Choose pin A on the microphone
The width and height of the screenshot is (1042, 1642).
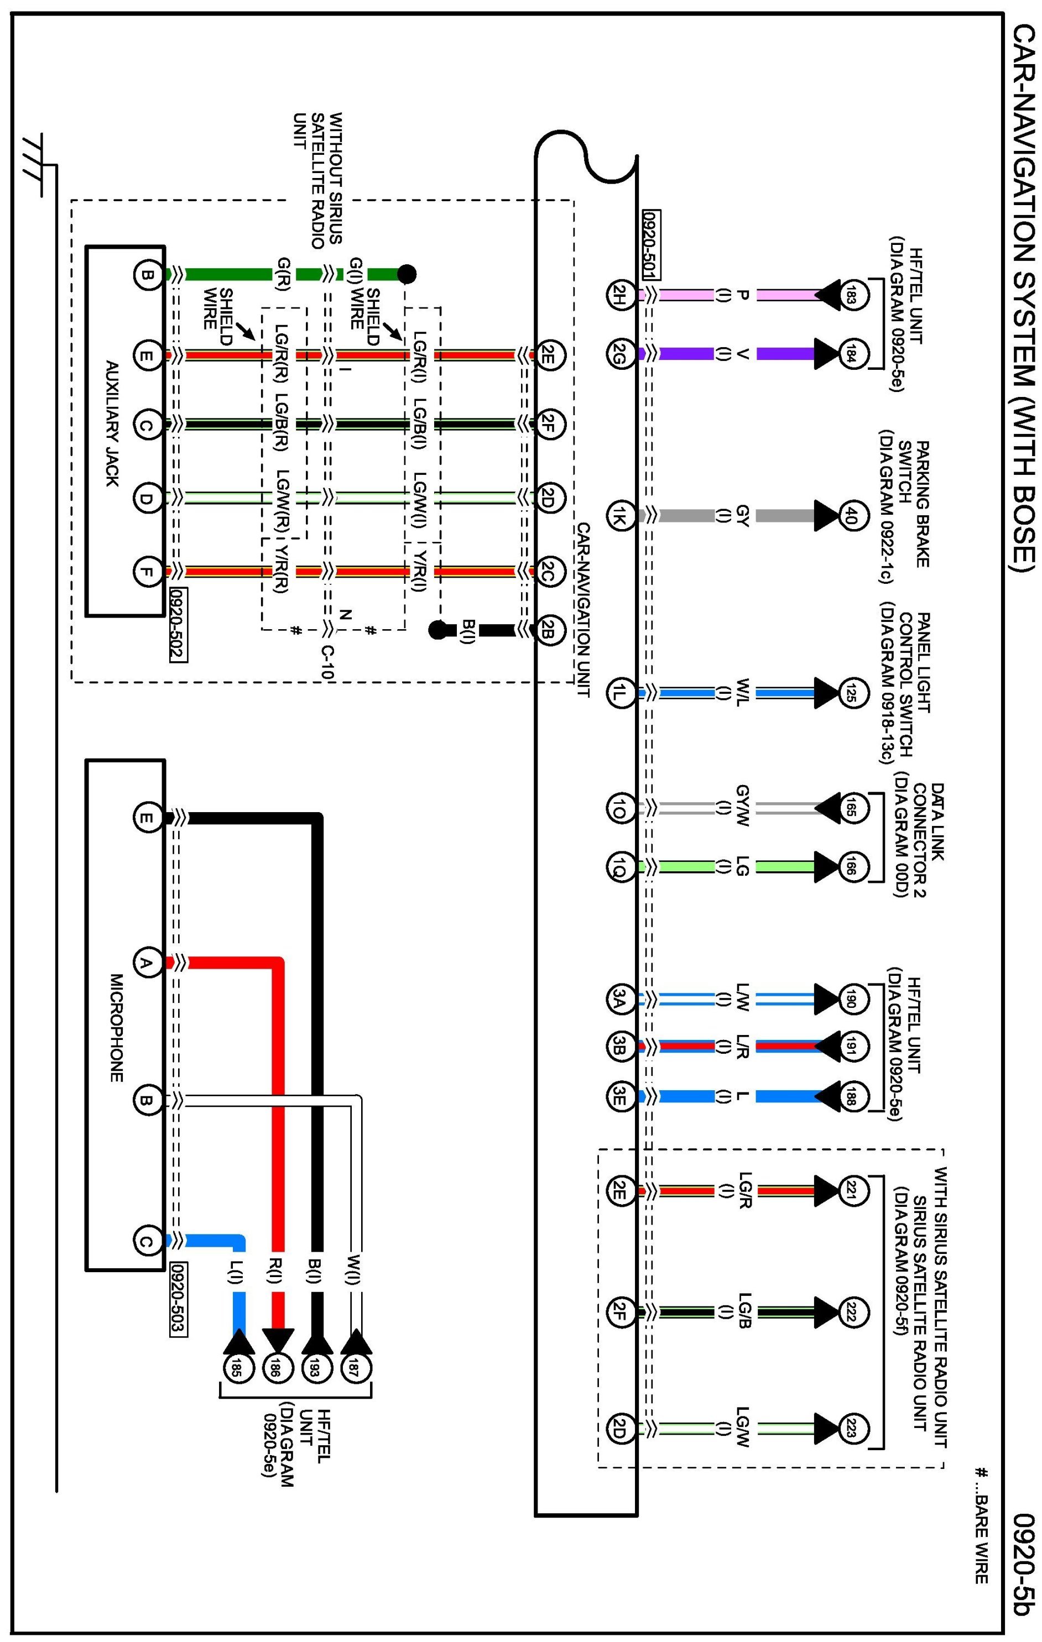pos(145,963)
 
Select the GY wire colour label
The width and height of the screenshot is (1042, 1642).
pos(742,515)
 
